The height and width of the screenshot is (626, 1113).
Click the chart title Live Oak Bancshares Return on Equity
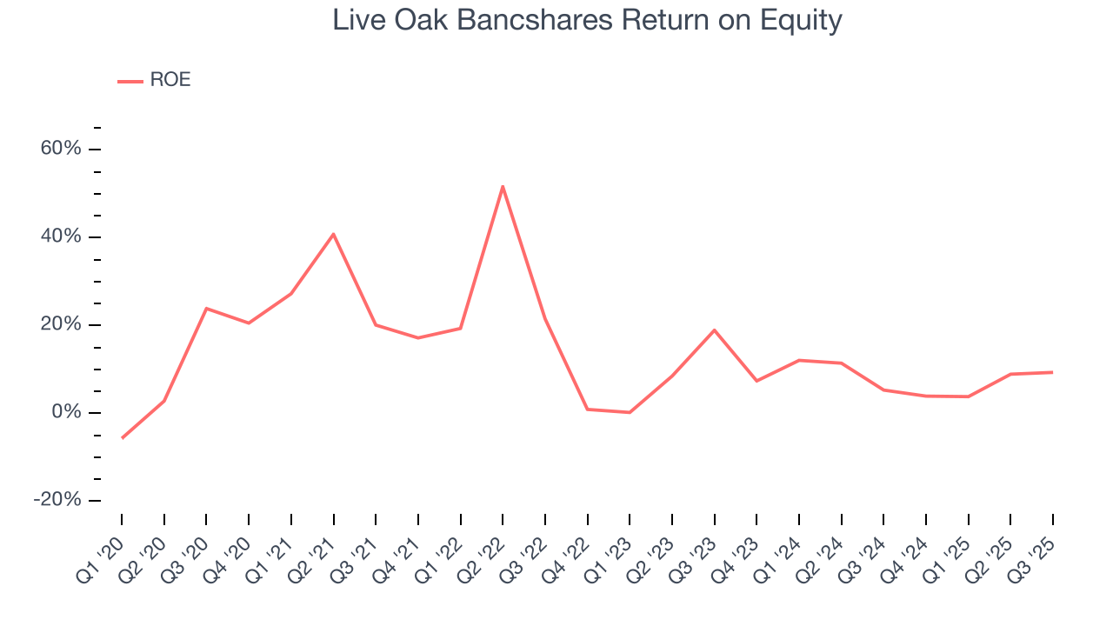[587, 20]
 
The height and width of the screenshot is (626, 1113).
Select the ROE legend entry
[155, 80]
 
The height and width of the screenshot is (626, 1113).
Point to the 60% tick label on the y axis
[61, 149]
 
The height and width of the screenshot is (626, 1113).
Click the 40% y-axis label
[61, 236]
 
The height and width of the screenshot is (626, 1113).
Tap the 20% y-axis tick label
[61, 324]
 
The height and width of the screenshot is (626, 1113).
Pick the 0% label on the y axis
[66, 412]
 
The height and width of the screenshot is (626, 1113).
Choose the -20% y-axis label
[57, 500]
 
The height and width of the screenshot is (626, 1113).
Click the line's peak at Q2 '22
[503, 186]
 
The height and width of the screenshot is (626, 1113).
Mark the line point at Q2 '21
[333, 234]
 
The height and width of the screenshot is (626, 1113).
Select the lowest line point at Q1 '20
[122, 438]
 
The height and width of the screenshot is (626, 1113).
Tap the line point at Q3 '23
[715, 330]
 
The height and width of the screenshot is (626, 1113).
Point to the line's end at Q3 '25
[1053, 372]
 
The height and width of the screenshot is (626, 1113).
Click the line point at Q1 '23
[630, 412]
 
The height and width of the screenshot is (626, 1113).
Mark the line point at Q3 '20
[206, 308]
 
